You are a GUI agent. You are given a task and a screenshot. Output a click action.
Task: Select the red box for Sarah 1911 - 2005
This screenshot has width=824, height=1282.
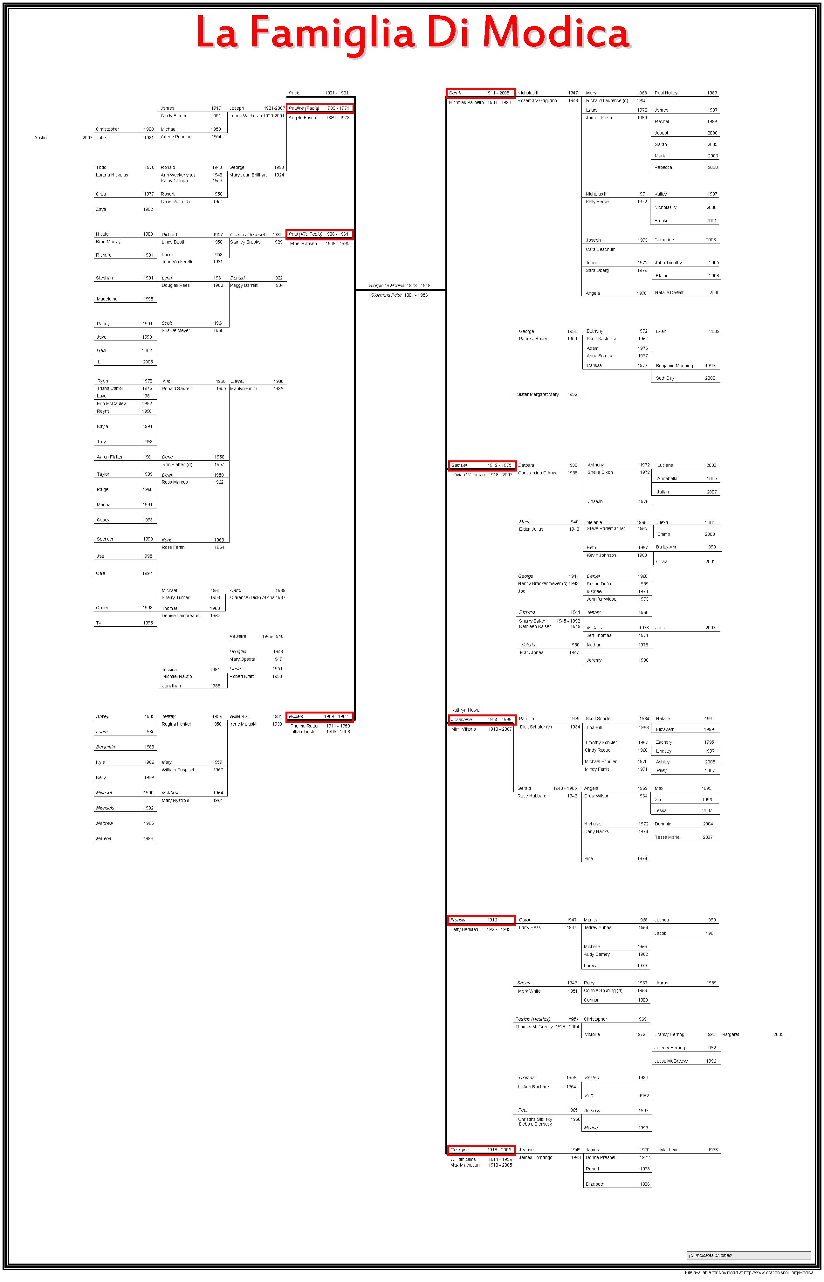tap(481, 93)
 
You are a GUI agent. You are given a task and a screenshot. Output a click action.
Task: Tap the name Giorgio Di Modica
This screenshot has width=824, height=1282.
tap(386, 286)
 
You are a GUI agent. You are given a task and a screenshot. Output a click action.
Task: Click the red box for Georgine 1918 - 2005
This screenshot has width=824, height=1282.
tap(481, 1150)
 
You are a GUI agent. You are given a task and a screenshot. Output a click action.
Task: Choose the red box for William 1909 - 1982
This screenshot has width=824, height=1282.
tap(319, 716)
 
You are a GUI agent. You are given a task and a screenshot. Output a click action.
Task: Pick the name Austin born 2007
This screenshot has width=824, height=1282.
tap(40, 138)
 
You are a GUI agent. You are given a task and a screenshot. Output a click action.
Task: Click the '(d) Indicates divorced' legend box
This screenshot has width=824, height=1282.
tap(749, 1255)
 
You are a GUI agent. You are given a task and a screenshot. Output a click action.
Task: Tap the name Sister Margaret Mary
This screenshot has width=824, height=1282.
tap(538, 394)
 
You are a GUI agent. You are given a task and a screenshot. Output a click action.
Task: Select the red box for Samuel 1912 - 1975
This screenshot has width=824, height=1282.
tap(482, 465)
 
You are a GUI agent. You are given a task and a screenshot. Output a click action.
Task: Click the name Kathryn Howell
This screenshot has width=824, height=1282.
tap(466, 710)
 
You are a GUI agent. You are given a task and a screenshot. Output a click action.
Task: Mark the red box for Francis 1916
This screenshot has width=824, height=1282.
tap(481, 920)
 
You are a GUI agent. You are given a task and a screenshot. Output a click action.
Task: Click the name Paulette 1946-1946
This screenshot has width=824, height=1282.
tap(238, 636)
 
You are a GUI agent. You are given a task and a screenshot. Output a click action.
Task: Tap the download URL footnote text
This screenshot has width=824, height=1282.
tap(749, 1273)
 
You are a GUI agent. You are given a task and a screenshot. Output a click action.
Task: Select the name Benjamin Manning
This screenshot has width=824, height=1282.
tap(674, 366)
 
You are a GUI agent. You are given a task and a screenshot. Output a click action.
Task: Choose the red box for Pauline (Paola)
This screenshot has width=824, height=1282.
tap(319, 108)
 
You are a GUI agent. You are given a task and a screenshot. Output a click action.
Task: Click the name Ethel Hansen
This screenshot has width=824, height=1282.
tap(303, 244)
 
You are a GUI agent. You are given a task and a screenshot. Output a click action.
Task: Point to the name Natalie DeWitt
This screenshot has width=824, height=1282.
tap(669, 293)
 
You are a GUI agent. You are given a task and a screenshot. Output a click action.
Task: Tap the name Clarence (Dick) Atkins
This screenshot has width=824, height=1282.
tap(252, 598)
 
